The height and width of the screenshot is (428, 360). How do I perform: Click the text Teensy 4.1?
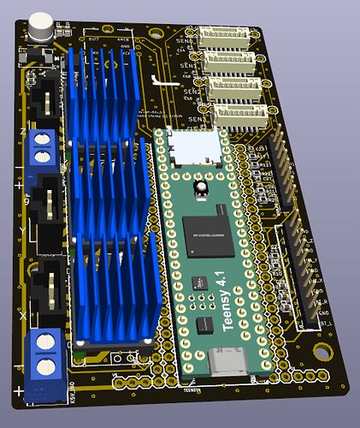[230, 305]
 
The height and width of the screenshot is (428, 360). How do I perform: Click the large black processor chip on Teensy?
[207, 236]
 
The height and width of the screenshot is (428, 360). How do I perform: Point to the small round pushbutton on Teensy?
[202, 187]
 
